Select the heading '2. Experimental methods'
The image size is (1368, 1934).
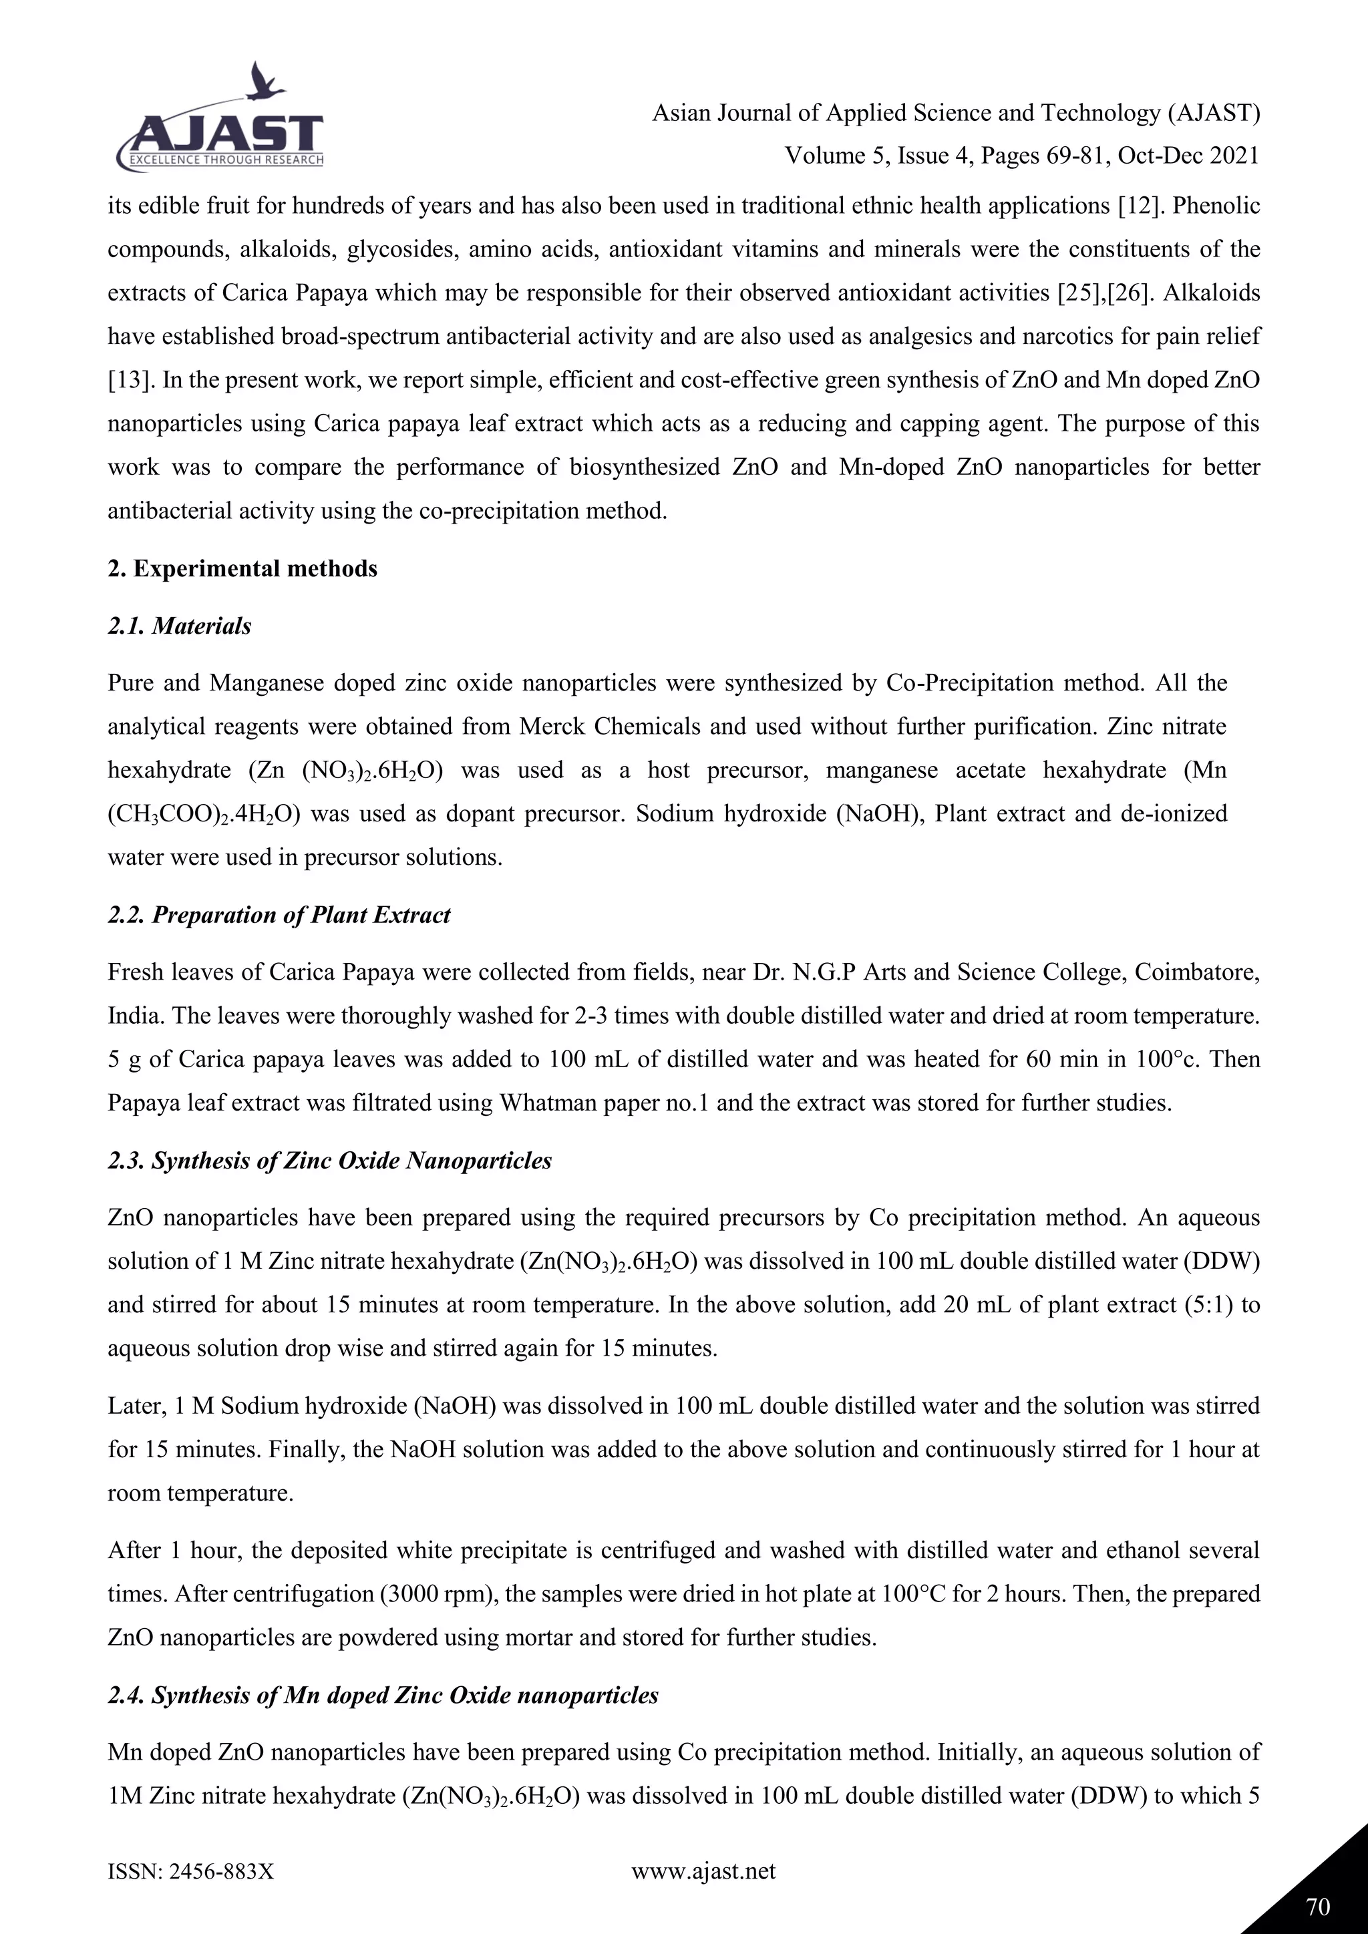(x=242, y=570)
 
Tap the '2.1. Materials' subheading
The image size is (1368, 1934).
(x=180, y=626)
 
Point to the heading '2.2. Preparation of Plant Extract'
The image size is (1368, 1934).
(x=279, y=916)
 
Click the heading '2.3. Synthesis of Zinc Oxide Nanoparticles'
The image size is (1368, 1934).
(x=329, y=1161)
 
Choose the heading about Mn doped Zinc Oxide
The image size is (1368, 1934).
(x=383, y=1696)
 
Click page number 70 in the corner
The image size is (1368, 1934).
(x=1319, y=1906)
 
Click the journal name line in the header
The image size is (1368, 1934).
(x=955, y=113)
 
